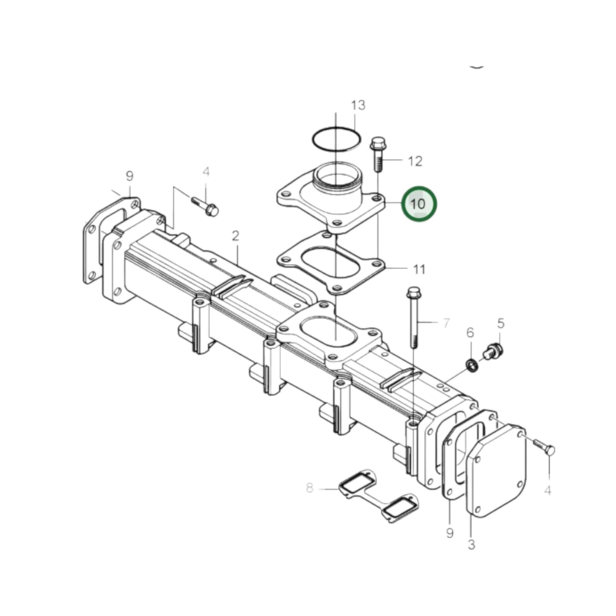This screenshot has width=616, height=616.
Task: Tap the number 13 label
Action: [x=358, y=105]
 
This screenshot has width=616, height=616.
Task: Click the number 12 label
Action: [x=415, y=161]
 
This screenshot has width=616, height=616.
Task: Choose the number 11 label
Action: [x=419, y=269]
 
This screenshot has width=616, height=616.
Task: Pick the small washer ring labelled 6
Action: [x=471, y=365]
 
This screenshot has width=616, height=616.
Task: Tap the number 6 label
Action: [x=470, y=333]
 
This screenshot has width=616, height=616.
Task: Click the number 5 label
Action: [x=500, y=323]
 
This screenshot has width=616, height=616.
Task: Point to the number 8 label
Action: [x=309, y=488]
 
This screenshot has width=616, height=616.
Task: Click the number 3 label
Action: [x=471, y=544]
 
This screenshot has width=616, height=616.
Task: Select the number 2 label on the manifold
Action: [x=235, y=236]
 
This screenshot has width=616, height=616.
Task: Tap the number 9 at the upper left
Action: [x=129, y=176]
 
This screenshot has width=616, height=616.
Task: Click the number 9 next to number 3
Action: [x=450, y=532]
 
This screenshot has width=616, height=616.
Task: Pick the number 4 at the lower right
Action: [x=548, y=491]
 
